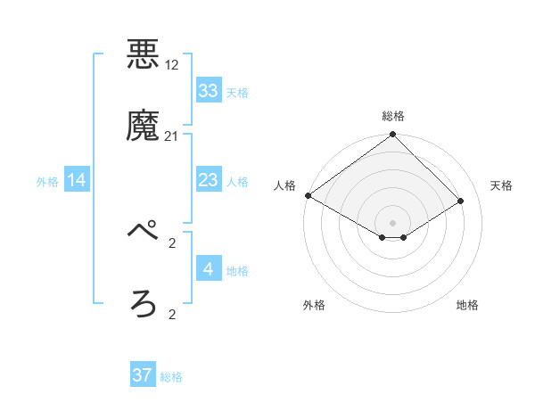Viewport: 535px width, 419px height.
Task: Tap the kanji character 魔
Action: pyautogui.click(x=144, y=126)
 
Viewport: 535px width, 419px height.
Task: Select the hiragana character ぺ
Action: pyautogui.click(x=144, y=232)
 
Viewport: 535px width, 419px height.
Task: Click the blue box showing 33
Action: pyautogui.click(x=209, y=91)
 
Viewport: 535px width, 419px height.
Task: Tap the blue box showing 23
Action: pyautogui.click(x=209, y=181)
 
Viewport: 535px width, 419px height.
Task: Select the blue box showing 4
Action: pyautogui.click(x=209, y=268)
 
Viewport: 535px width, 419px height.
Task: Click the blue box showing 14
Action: pyautogui.click(x=78, y=181)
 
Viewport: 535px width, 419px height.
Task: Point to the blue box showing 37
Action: pyautogui.click(x=143, y=375)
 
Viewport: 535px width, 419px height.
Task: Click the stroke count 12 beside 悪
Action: pyautogui.click(x=172, y=66)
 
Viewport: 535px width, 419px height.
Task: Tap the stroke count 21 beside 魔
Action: pyautogui.click(x=172, y=136)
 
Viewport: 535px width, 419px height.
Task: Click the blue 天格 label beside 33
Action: pyautogui.click(x=237, y=92)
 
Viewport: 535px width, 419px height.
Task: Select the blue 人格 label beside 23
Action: pyautogui.click(x=237, y=182)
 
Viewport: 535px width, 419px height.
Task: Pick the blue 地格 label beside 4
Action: pyautogui.click(x=237, y=270)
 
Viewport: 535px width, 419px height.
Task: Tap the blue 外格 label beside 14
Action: pyautogui.click(x=47, y=182)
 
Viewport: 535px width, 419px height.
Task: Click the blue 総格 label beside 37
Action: pyautogui.click(x=171, y=377)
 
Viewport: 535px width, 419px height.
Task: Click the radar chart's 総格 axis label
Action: pyautogui.click(x=393, y=116)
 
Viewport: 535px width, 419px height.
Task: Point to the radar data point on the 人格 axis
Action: pyautogui.click(x=308, y=195)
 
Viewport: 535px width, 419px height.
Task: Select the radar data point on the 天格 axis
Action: pyautogui.click(x=461, y=201)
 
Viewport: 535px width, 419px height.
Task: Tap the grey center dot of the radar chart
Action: pyautogui.click(x=393, y=222)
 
